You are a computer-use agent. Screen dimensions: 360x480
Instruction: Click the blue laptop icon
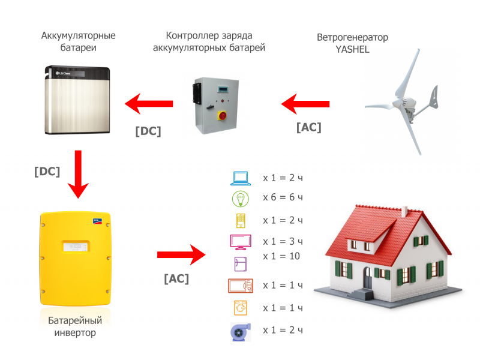point(241,178)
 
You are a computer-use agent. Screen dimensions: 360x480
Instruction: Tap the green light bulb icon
point(240,199)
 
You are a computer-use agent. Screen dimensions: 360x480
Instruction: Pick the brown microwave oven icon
point(241,286)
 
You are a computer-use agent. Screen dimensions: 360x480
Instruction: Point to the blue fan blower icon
point(240,331)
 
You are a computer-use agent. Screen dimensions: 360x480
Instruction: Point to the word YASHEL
point(352,50)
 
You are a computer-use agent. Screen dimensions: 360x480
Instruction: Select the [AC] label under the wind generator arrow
point(308,128)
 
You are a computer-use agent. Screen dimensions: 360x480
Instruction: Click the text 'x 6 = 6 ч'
point(283,198)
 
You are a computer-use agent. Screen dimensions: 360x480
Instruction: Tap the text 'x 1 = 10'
point(280,256)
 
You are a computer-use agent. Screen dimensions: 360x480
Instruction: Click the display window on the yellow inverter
point(75,247)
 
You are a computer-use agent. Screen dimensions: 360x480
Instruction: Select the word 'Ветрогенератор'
point(352,37)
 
